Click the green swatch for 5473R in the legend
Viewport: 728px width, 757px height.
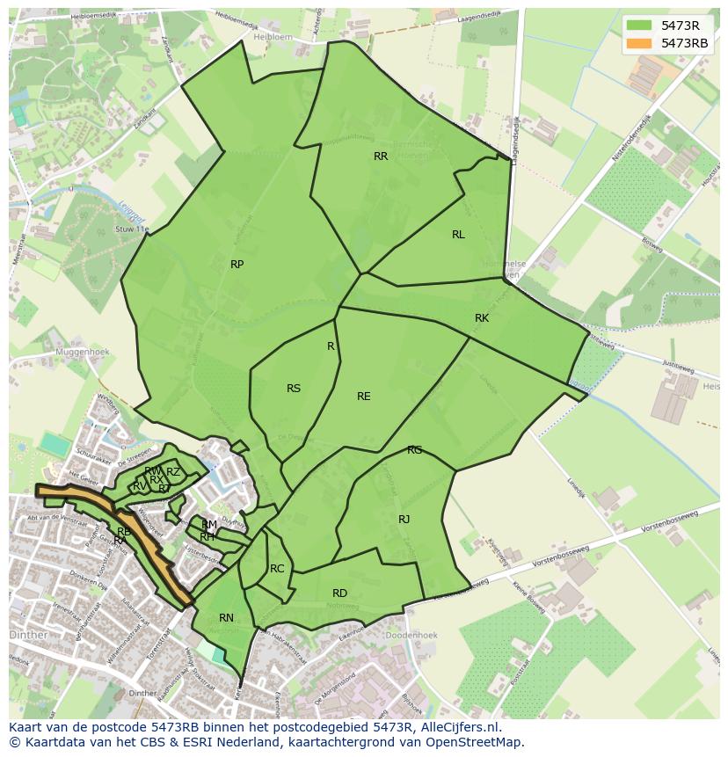pos(639,25)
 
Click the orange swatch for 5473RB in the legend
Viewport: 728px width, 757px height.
pos(639,43)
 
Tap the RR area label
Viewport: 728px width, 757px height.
pos(381,156)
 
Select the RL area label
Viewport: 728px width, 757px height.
pos(458,235)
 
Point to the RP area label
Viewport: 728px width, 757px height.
pos(237,265)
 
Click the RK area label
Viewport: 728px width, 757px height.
pos(482,318)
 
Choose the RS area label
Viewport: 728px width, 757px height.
pos(294,389)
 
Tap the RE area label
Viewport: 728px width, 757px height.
pos(363,397)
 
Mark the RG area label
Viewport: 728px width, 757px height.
pos(414,450)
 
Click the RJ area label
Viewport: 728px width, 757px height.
pos(404,520)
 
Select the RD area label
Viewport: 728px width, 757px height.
pos(339,593)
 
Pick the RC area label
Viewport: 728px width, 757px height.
pos(277,569)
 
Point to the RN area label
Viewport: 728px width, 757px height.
pos(226,618)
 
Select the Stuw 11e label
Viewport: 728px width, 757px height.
pos(132,229)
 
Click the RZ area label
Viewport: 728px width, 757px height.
pos(173,472)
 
